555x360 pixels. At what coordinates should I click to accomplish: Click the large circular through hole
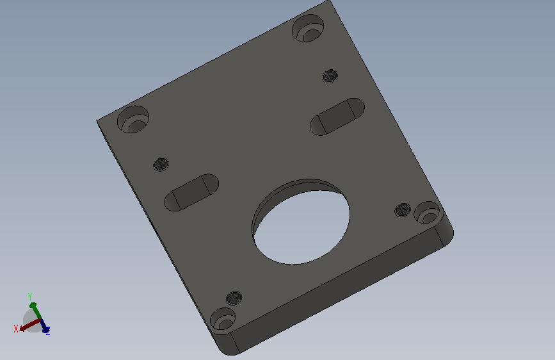click(x=301, y=222)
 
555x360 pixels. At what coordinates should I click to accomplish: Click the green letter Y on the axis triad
click(x=30, y=296)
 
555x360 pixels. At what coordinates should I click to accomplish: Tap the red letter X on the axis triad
click(x=16, y=329)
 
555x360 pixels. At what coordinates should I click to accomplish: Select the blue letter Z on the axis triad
click(x=48, y=331)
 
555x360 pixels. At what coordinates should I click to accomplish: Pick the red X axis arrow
click(x=29, y=325)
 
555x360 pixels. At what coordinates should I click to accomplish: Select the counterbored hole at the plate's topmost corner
click(x=308, y=28)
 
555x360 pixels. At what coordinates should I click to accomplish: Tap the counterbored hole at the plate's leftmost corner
click(x=133, y=119)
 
